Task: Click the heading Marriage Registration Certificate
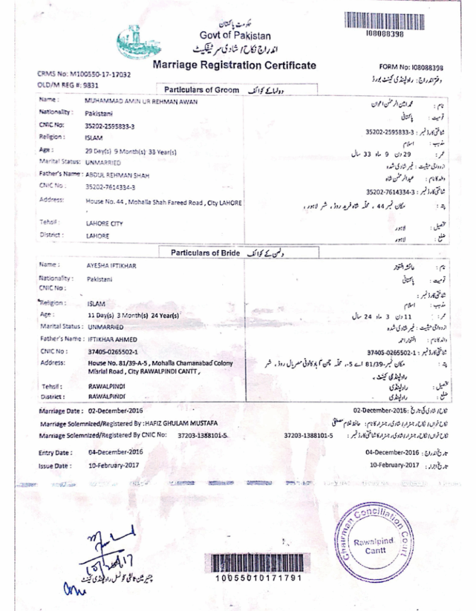point(234,65)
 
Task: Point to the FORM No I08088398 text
point(411,68)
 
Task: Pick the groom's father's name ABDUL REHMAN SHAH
point(118,175)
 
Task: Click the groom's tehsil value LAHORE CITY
point(105,223)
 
